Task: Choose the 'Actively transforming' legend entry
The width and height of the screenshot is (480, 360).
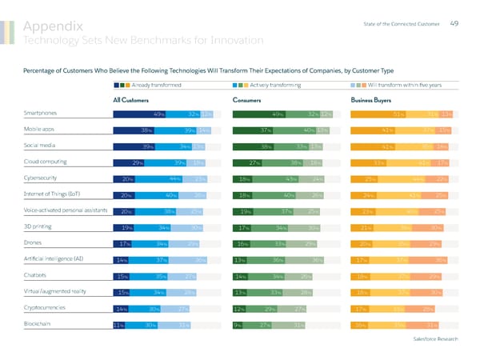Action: pos(275,84)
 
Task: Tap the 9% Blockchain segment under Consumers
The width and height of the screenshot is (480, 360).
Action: pos(238,324)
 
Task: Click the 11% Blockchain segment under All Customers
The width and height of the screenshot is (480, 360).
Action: pos(118,324)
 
